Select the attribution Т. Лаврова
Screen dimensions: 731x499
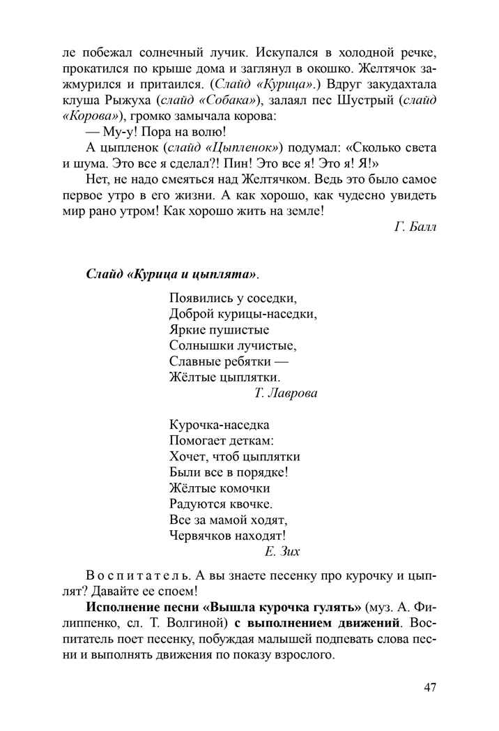click(286, 393)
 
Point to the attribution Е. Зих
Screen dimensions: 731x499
click(282, 552)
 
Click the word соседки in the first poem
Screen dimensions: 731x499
click(271, 298)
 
